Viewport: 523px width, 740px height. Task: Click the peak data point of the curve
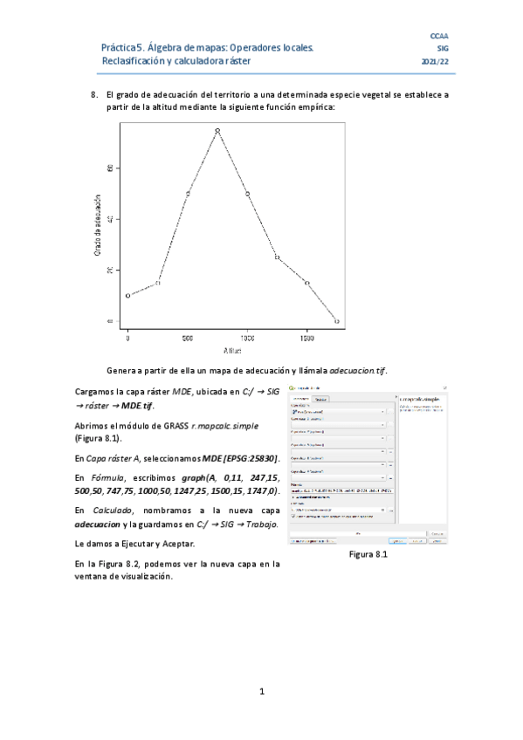(x=217, y=131)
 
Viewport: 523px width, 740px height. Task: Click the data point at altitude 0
(x=127, y=296)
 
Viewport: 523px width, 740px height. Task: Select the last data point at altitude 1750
(x=336, y=321)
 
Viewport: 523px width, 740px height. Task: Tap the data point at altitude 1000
(x=247, y=194)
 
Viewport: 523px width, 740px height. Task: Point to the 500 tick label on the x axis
(x=188, y=338)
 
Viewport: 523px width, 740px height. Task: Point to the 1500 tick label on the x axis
(x=306, y=338)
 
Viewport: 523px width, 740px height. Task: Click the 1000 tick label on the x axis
(x=247, y=338)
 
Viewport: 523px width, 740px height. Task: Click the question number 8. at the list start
(x=96, y=94)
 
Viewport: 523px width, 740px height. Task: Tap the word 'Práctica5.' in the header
(x=122, y=49)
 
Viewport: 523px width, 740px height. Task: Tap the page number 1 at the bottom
(x=261, y=692)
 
